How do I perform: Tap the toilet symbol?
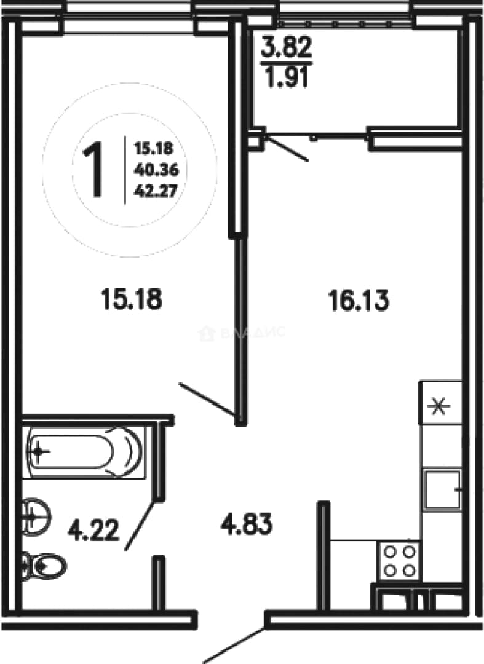(44, 566)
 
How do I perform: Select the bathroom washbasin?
(36, 516)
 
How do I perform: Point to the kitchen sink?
(443, 489)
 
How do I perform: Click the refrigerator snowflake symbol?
(438, 407)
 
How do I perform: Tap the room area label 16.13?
(359, 301)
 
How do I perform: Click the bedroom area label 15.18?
(131, 299)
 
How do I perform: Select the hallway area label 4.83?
(247, 524)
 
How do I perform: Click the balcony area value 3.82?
(286, 47)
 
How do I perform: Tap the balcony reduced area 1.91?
(286, 77)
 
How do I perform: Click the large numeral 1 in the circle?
(93, 170)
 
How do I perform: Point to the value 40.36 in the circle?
(156, 170)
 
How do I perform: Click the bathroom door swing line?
(141, 525)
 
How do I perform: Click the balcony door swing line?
(287, 148)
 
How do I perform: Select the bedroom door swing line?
(207, 399)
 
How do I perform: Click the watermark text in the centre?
(242, 333)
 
